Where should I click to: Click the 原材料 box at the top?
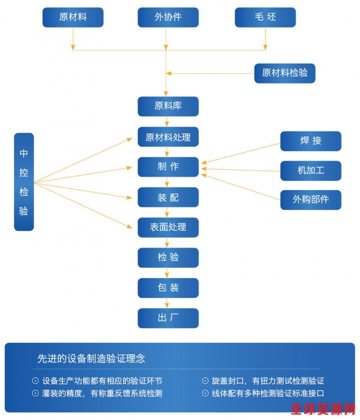tap(73, 18)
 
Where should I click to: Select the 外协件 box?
tap(168, 18)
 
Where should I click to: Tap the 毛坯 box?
tap(265, 18)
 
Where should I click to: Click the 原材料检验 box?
tap(284, 72)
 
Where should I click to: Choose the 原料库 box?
tap(168, 106)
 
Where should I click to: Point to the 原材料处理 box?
tap(168, 137)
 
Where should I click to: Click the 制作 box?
tap(168, 167)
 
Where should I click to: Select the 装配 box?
tap(168, 197)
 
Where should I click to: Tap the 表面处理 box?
tap(168, 227)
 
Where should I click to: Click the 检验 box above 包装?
tap(168, 257)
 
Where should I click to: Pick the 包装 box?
tap(168, 288)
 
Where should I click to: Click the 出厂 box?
tap(168, 318)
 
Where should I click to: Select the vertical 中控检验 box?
tap(24, 182)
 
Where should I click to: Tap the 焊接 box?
tap(310, 141)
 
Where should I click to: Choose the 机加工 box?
tap(310, 170)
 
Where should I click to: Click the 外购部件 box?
tap(310, 199)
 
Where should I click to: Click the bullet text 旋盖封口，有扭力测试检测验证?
tap(268, 381)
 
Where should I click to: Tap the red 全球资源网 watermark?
tap(323, 409)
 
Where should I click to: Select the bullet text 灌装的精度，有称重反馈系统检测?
tap(102, 393)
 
